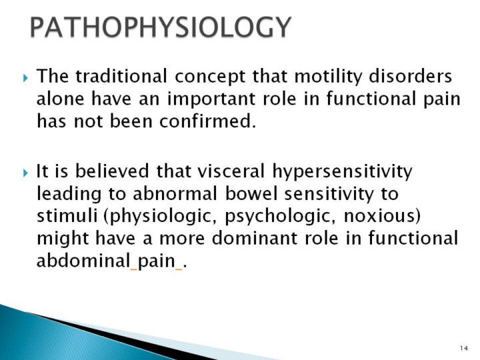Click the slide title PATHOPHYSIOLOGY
(161, 27)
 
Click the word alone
(60, 98)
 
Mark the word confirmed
(207, 121)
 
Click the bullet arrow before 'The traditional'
(25, 78)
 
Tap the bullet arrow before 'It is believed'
(25, 173)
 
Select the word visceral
(231, 171)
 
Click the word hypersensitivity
(342, 172)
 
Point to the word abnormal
(175, 193)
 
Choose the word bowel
(251, 193)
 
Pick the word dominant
(255, 238)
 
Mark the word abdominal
(83, 261)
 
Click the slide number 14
(464, 348)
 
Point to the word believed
(112, 171)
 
